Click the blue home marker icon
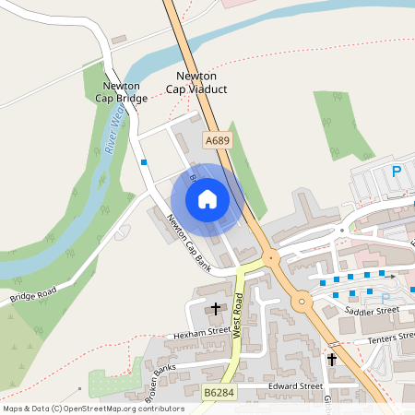point(207,198)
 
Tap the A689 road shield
point(218,140)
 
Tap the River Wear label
point(113,130)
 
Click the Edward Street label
point(294,385)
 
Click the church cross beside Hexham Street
point(218,308)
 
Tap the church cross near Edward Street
point(332,358)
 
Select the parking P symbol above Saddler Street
point(386,298)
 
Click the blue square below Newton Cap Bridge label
point(144,162)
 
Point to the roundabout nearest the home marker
point(272,258)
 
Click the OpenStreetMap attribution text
point(92,408)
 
